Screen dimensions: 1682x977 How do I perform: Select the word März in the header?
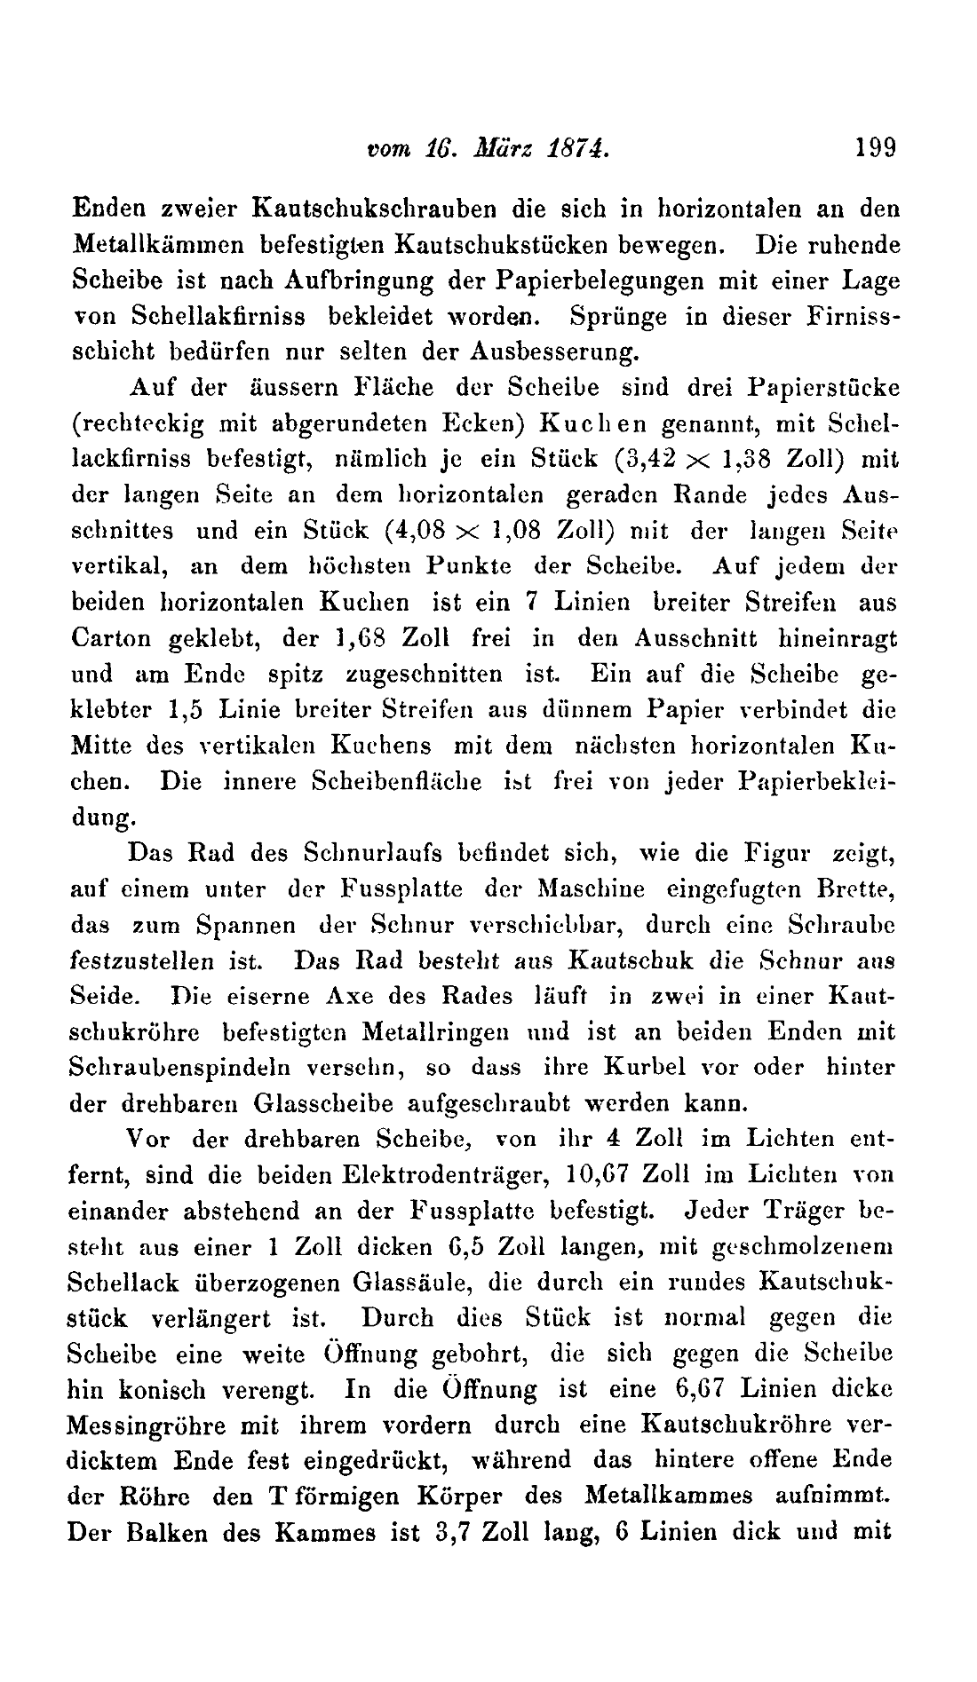503,147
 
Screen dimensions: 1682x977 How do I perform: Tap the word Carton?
107,638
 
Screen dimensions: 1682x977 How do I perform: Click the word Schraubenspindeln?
165,1069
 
